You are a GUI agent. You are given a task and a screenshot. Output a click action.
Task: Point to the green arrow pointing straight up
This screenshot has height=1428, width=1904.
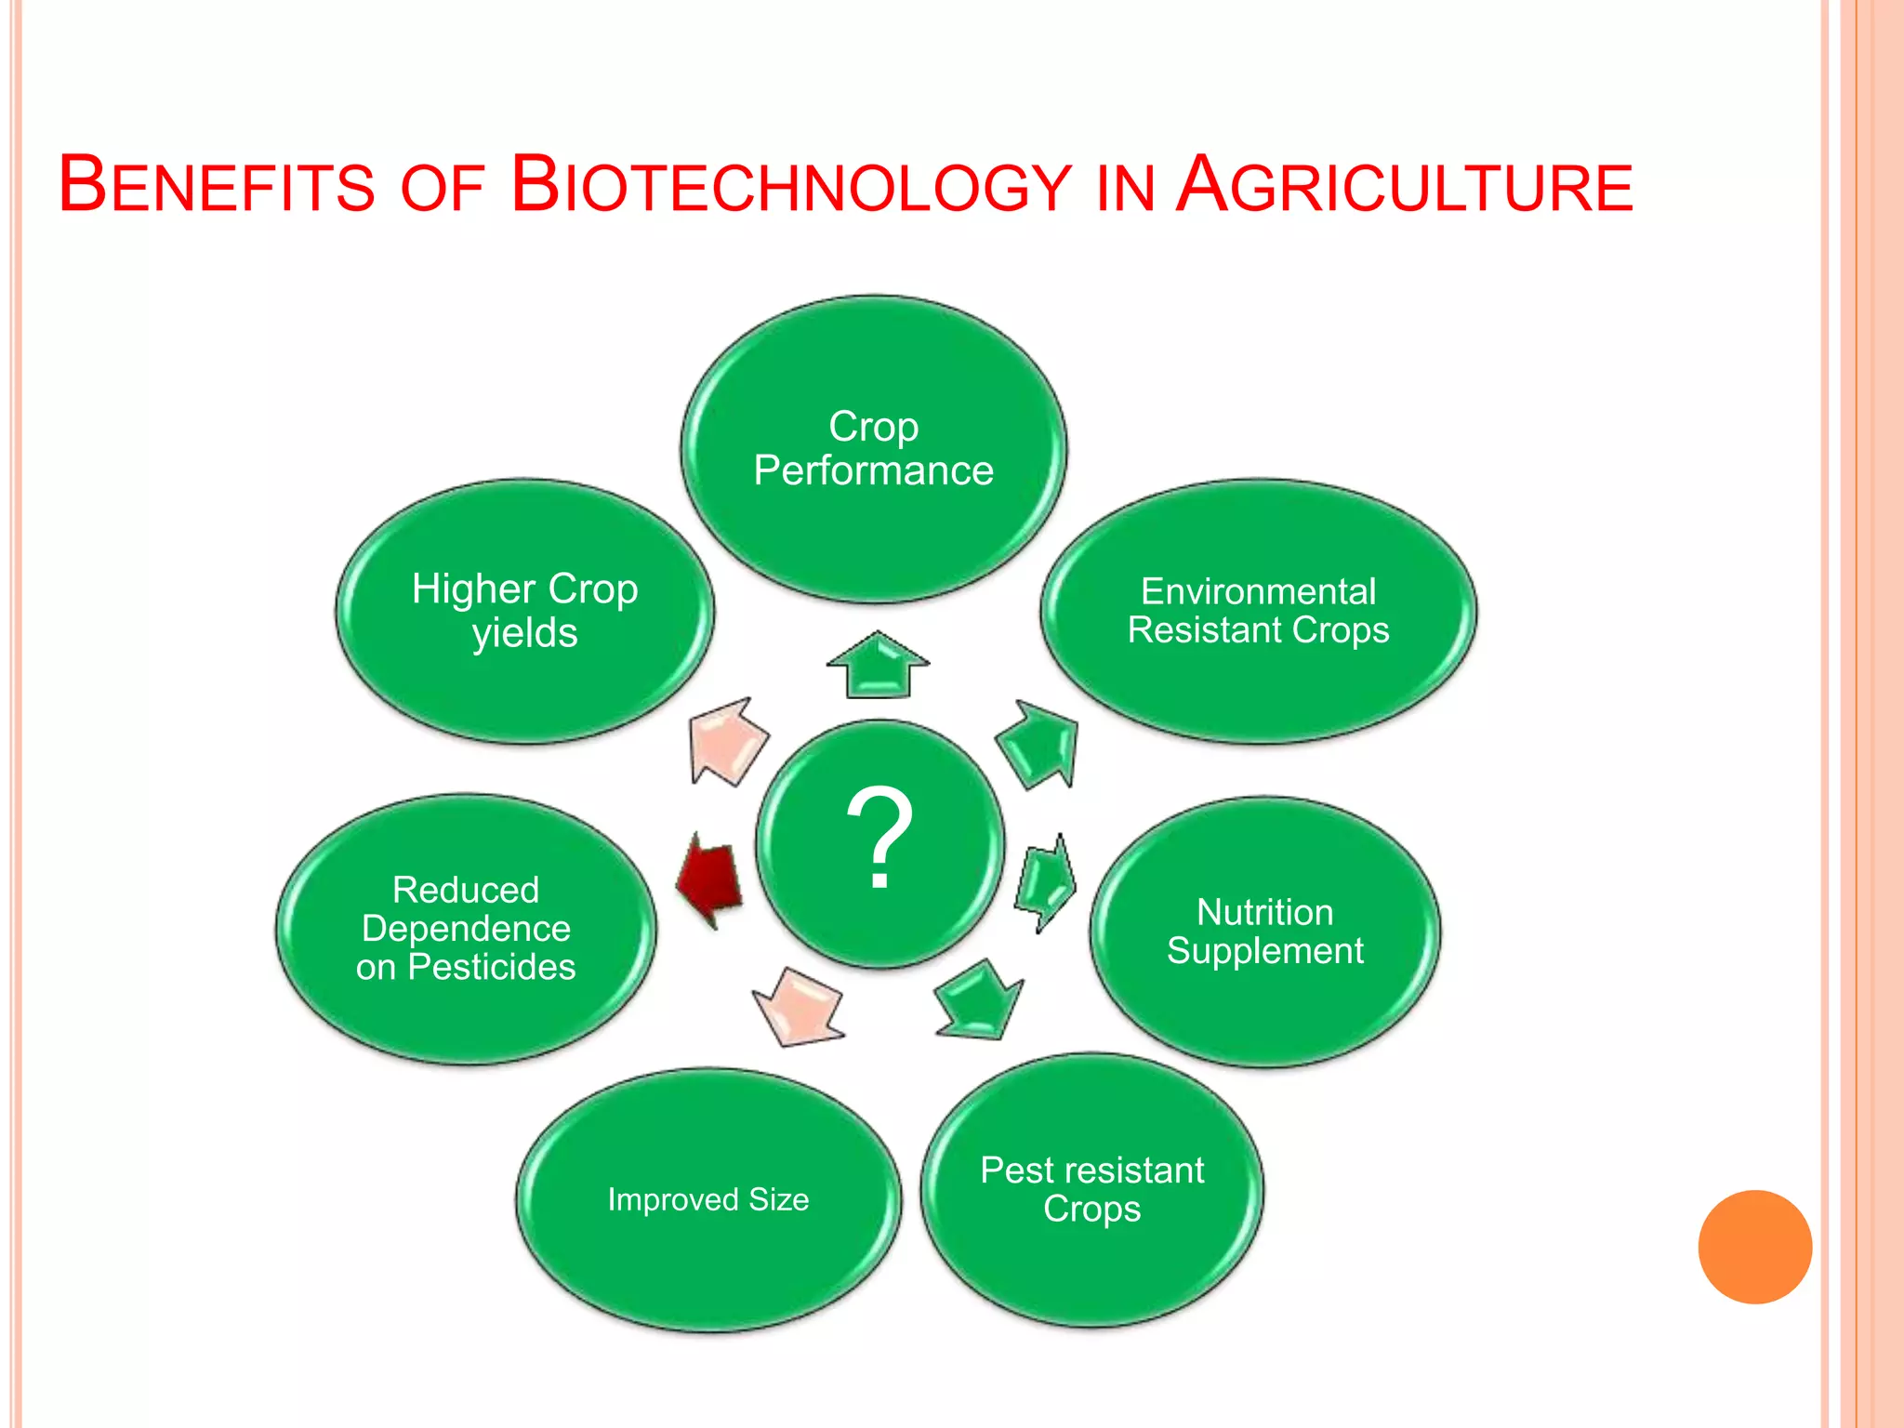click(878, 665)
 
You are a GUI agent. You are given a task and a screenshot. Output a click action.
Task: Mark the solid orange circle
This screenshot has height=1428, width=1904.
click(1754, 1247)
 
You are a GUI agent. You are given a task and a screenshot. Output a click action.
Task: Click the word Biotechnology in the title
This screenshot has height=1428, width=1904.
click(791, 185)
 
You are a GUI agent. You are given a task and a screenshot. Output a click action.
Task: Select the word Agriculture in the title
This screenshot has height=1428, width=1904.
click(1404, 185)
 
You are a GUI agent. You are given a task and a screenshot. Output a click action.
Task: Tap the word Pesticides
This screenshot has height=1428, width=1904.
click(492, 967)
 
